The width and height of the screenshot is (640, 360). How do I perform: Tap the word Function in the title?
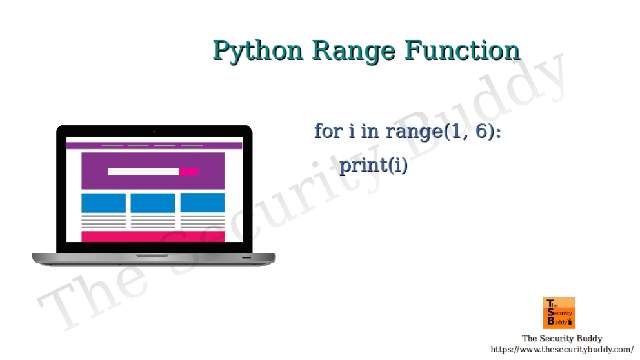click(x=462, y=50)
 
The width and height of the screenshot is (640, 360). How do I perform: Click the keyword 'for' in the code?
click(x=328, y=131)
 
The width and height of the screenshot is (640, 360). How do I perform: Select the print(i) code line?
click(x=374, y=165)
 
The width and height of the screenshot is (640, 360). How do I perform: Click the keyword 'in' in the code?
click(x=370, y=131)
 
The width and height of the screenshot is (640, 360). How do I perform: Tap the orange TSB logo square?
click(x=559, y=313)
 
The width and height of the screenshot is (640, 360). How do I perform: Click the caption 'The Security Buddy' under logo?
click(x=561, y=339)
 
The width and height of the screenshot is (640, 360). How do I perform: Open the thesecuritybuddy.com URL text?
click(x=562, y=350)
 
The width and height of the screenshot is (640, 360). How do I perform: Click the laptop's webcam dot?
click(x=154, y=132)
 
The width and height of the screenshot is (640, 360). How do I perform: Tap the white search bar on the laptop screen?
click(x=143, y=172)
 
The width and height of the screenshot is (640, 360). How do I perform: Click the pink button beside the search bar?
click(x=189, y=172)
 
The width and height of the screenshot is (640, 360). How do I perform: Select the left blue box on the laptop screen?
click(x=103, y=203)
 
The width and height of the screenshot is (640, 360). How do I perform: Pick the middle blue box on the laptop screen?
click(x=153, y=203)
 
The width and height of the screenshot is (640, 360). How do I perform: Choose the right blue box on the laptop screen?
click(x=203, y=203)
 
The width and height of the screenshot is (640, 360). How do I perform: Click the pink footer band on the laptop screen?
click(x=153, y=236)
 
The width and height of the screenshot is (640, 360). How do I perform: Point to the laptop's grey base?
click(x=154, y=259)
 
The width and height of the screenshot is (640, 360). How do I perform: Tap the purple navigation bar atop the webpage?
click(x=154, y=146)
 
